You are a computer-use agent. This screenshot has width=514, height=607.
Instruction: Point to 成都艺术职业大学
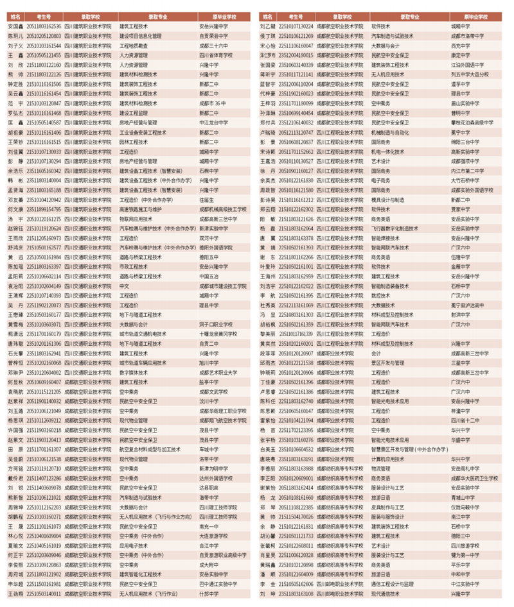pyautogui.click(x=218, y=372)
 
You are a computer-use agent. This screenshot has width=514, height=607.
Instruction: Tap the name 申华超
pyautogui.click(x=15, y=584)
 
